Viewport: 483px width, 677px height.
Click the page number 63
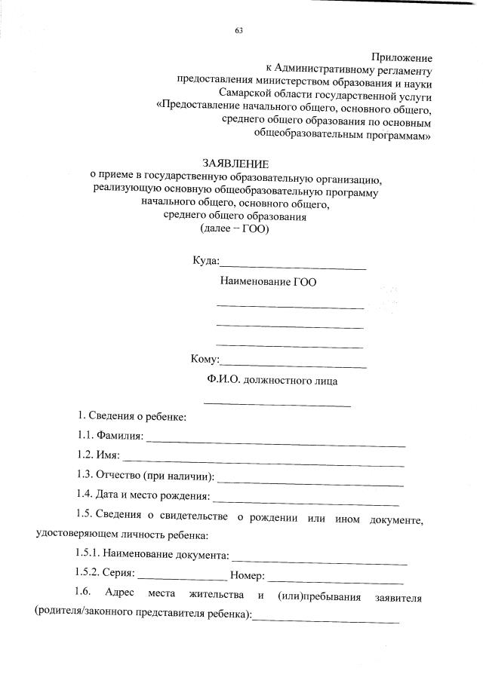click(x=239, y=31)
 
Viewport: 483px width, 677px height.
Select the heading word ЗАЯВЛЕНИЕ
click(x=235, y=164)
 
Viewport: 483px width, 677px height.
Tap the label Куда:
click(x=205, y=262)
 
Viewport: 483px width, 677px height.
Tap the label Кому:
click(x=205, y=360)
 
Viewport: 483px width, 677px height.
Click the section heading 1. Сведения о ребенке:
click(x=132, y=416)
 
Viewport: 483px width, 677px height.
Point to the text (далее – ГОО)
click(x=234, y=229)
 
